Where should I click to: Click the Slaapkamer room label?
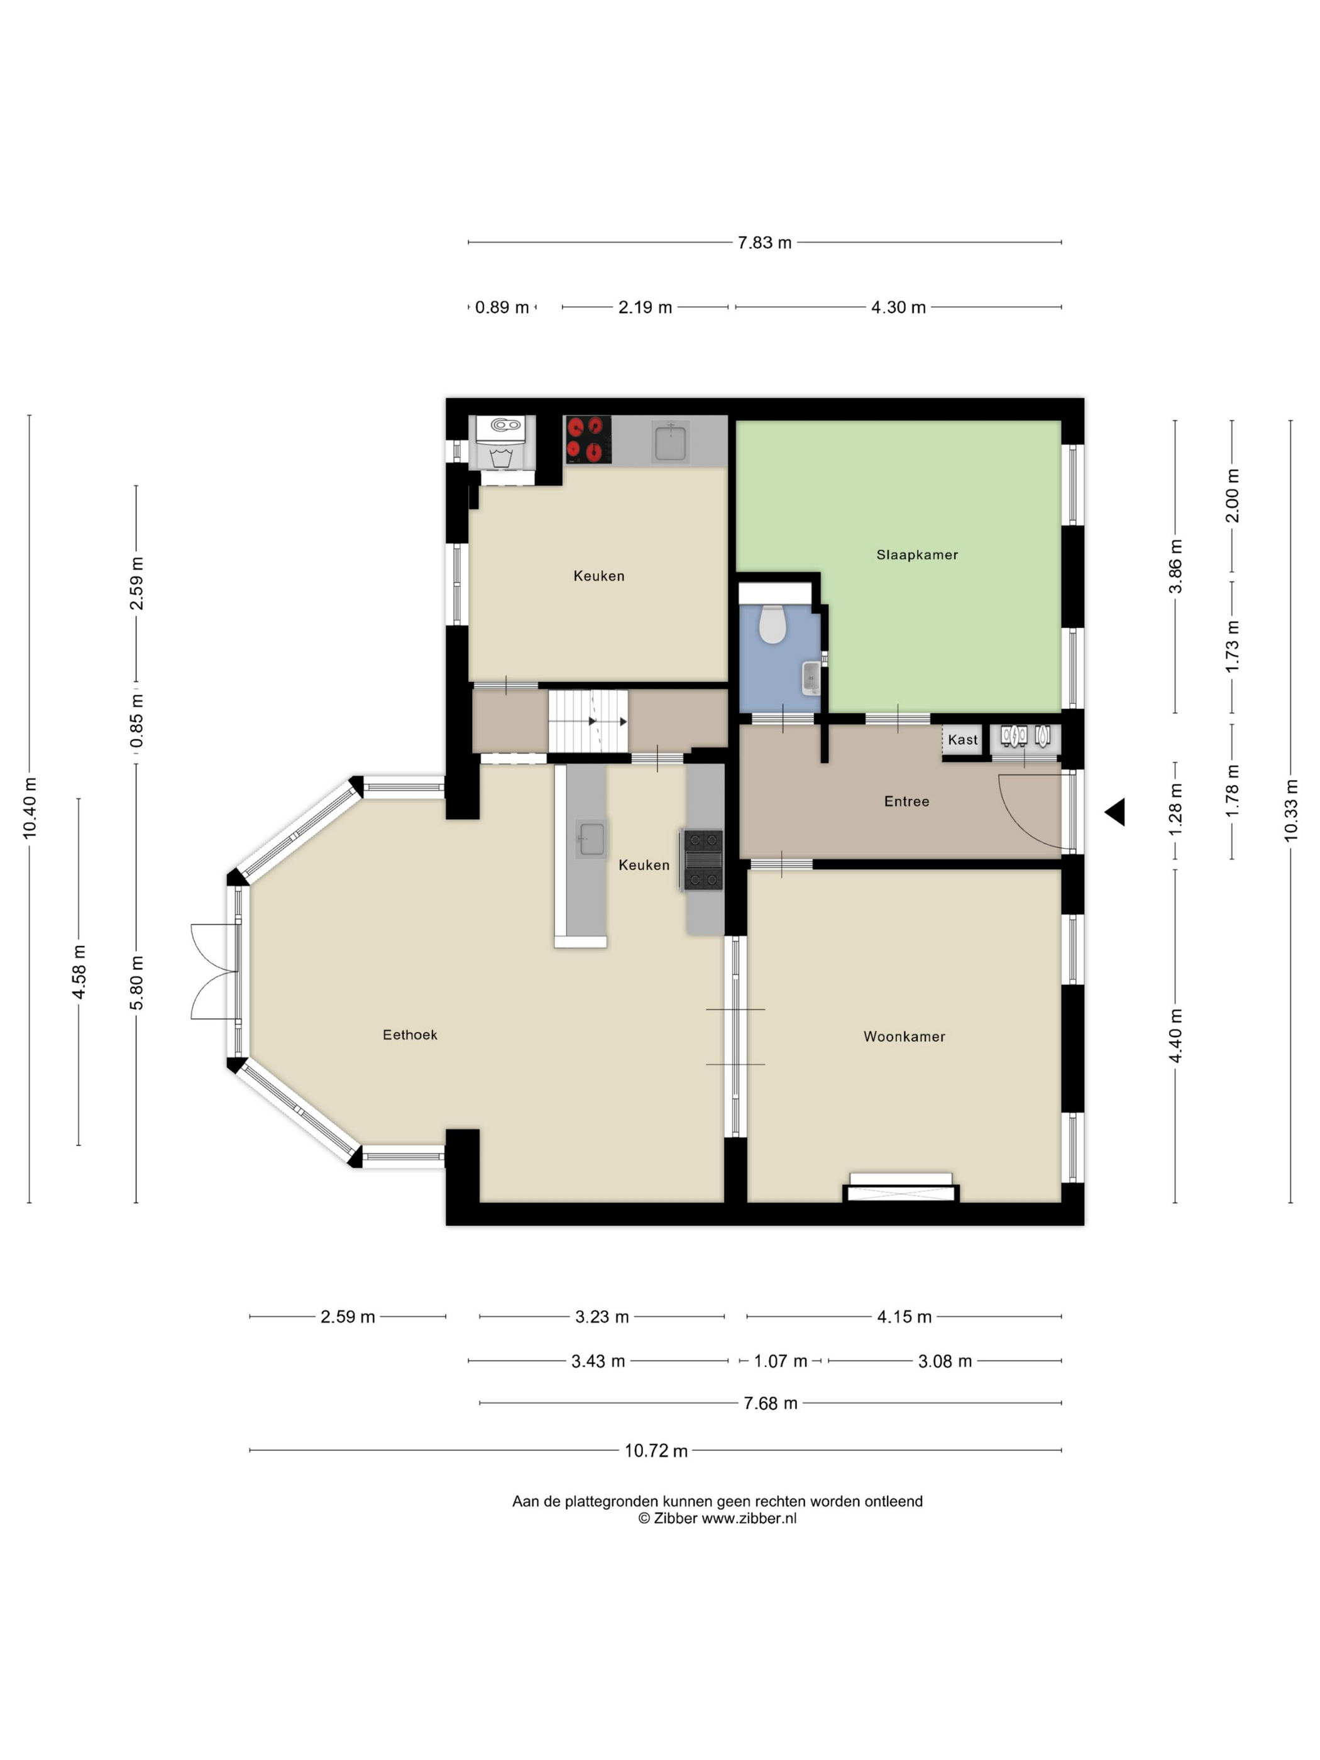click(916, 554)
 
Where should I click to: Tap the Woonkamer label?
click(904, 1036)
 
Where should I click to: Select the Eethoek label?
click(410, 1035)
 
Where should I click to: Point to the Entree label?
click(906, 801)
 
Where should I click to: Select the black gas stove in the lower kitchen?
click(703, 859)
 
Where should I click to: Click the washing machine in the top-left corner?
click(500, 443)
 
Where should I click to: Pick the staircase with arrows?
click(588, 721)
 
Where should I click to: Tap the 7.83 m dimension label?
click(764, 243)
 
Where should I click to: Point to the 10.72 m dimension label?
click(656, 1451)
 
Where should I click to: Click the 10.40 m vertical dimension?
click(30, 808)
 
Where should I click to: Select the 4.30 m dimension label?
click(898, 307)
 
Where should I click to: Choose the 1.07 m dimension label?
click(781, 1361)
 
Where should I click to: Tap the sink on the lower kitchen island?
click(591, 839)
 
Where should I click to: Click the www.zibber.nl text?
click(749, 1518)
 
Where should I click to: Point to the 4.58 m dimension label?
click(79, 972)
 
